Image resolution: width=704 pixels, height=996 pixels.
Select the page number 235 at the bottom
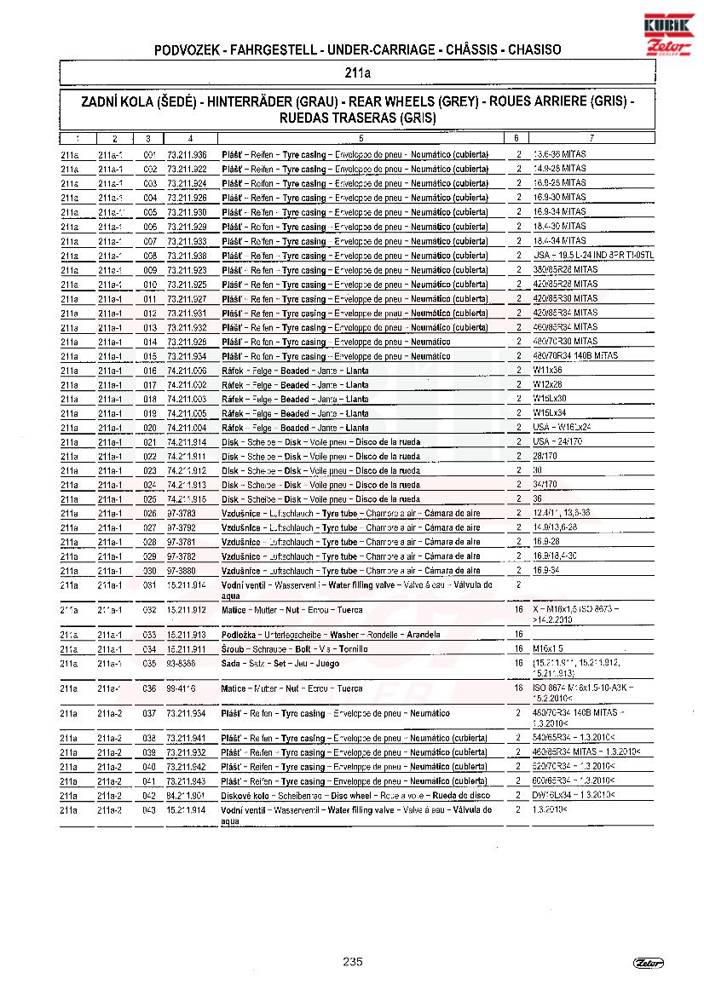(x=352, y=962)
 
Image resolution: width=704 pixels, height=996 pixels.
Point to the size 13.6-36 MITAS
(x=559, y=154)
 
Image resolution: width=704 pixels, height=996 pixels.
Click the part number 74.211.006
(x=187, y=371)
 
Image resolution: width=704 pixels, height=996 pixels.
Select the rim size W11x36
(x=547, y=371)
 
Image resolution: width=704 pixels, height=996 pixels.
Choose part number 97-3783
(x=182, y=514)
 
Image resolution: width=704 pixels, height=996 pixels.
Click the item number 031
(x=150, y=585)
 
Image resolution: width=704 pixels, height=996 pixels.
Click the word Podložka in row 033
(x=241, y=635)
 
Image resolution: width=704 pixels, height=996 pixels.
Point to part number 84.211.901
(x=187, y=796)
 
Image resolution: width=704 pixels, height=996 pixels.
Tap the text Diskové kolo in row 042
(x=244, y=796)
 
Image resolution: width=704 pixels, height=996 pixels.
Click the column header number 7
(x=591, y=138)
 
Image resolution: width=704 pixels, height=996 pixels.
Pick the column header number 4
(x=190, y=138)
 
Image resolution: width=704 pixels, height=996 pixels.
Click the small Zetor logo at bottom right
(x=649, y=963)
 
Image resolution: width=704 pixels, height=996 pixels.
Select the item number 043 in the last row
(x=150, y=810)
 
